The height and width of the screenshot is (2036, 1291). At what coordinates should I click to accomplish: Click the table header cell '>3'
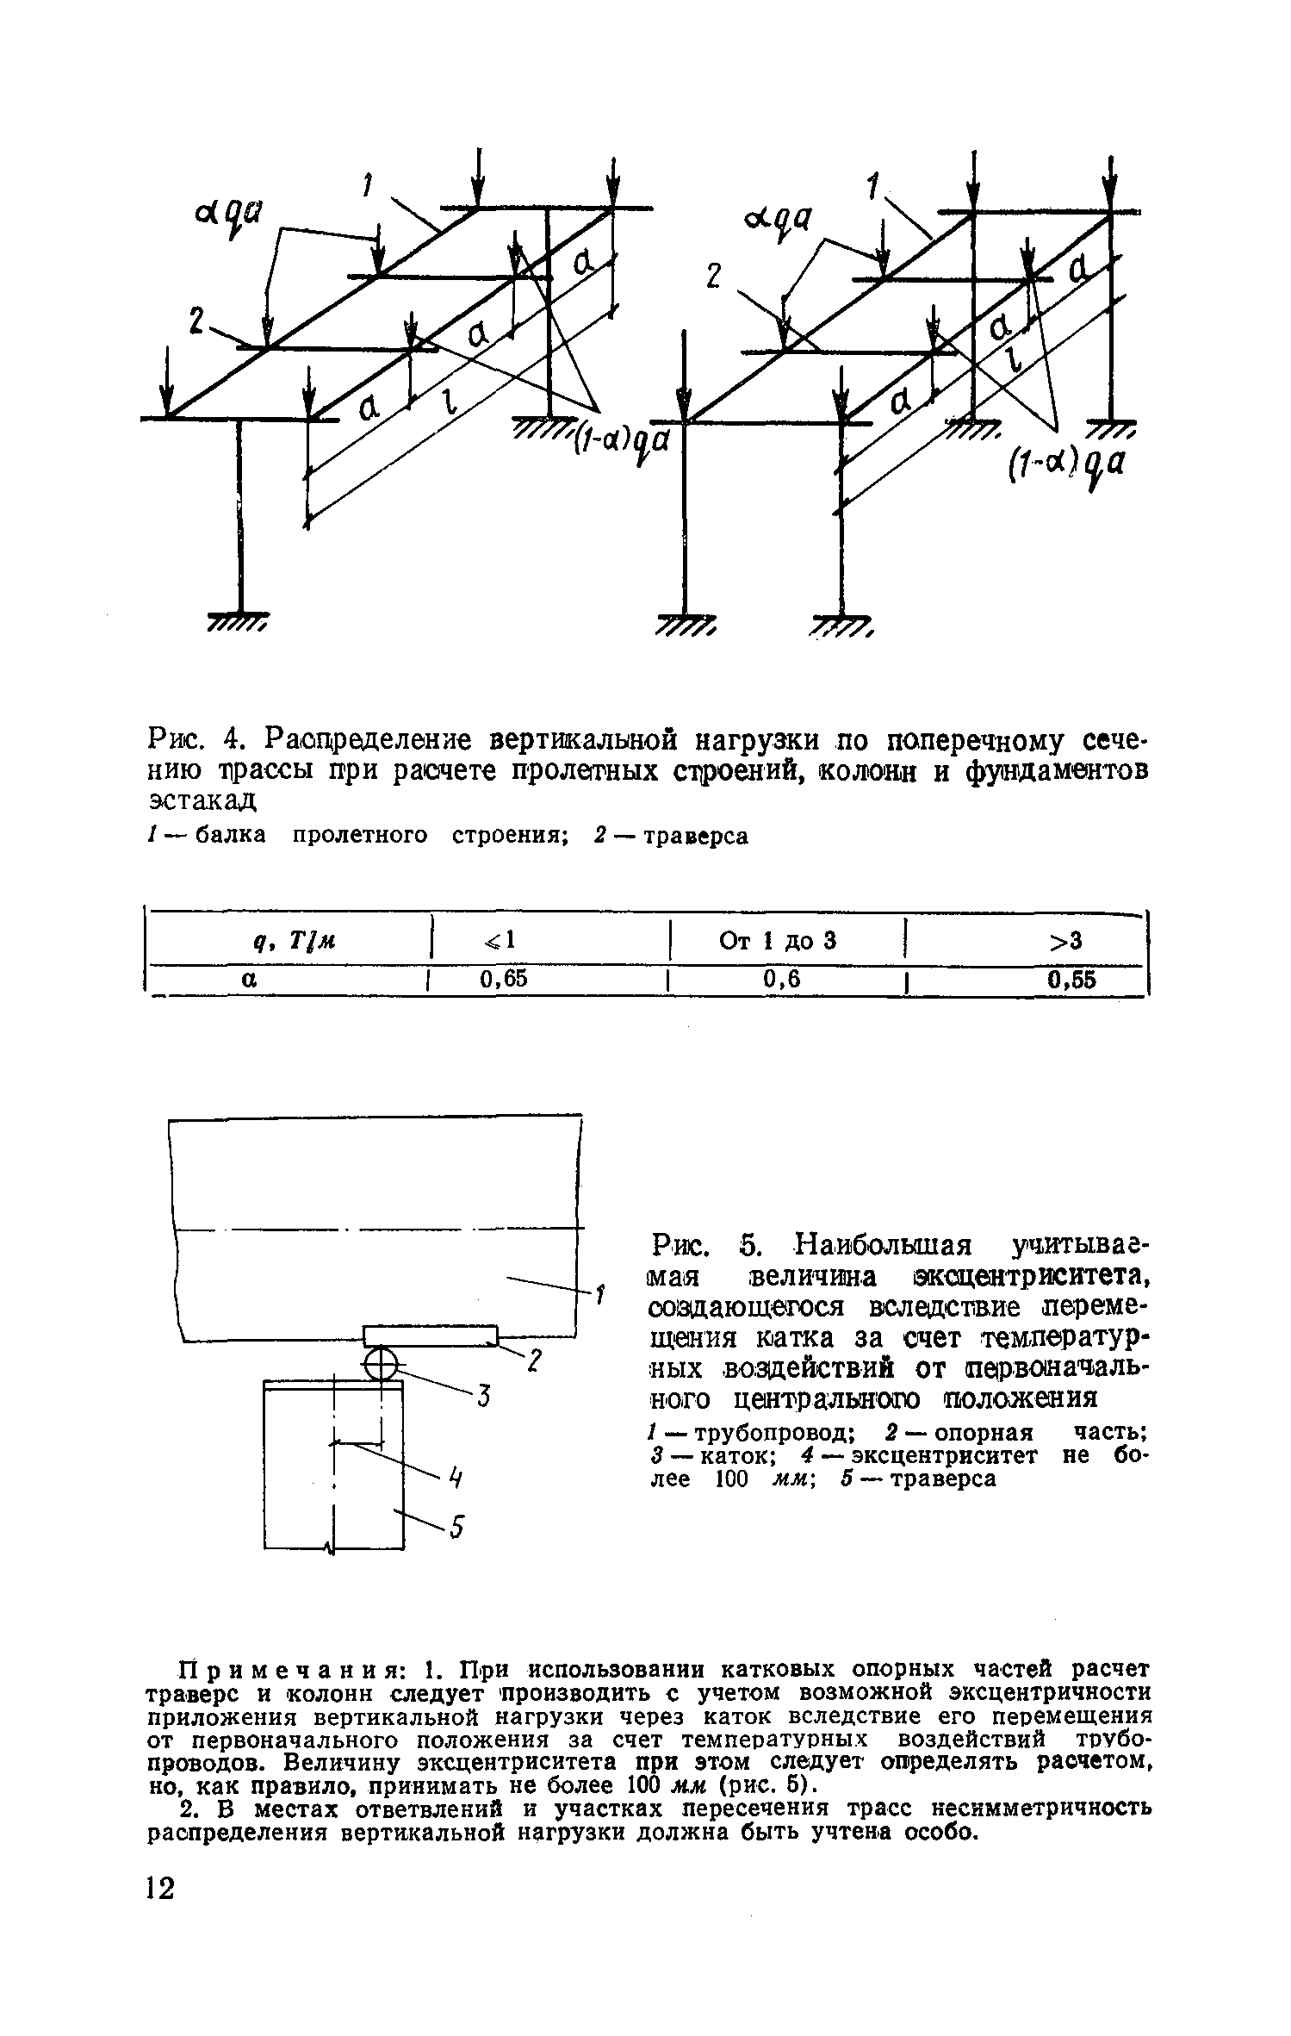tap(1067, 942)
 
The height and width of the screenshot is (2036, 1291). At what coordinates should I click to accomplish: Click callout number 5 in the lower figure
tap(457, 1528)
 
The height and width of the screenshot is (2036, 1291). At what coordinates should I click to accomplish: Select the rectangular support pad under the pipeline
tap(431, 1336)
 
